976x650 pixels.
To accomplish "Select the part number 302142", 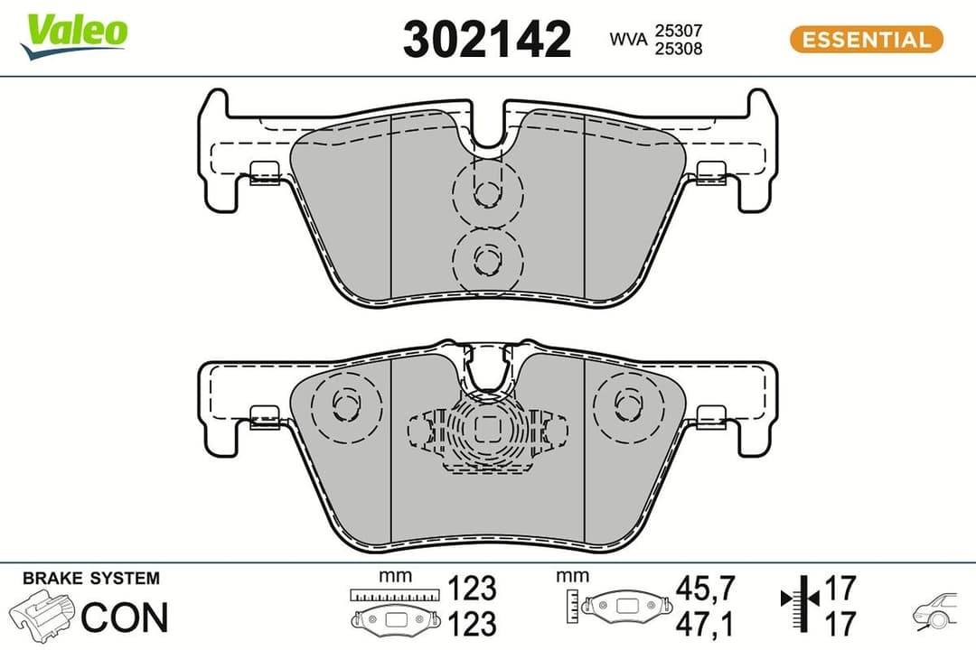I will (x=487, y=40).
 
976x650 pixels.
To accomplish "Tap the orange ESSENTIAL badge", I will (x=866, y=40).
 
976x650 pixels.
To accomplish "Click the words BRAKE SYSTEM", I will (x=90, y=578).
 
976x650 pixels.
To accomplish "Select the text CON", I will (x=125, y=617).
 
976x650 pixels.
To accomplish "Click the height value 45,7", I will (x=706, y=588).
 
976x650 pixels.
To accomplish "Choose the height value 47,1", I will (x=706, y=623).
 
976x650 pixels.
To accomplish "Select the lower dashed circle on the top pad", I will (x=487, y=259).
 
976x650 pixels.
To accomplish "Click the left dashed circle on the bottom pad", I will (x=345, y=403).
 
